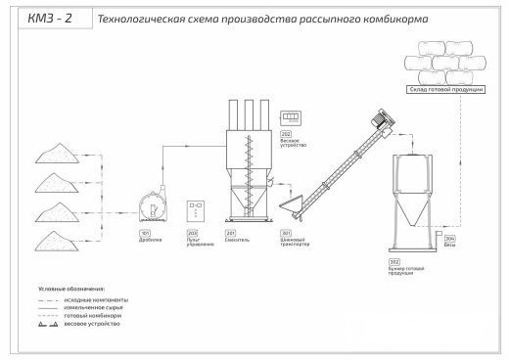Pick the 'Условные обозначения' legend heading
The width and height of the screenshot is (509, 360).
click(70, 290)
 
